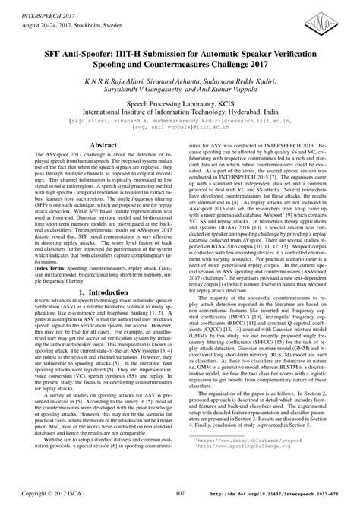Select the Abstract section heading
(103, 144)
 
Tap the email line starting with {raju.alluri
(180, 119)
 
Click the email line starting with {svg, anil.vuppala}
(180, 127)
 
